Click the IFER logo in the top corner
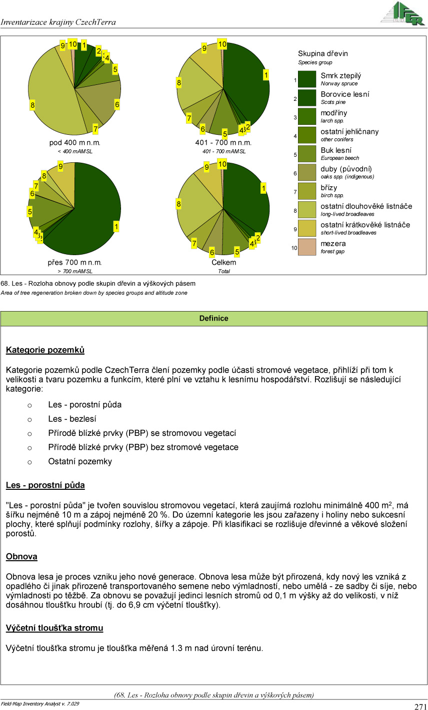[402, 13]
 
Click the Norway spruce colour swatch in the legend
[307, 80]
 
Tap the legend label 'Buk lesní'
[336, 150]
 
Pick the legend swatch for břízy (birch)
[307, 192]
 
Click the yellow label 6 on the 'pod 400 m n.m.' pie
[117, 104]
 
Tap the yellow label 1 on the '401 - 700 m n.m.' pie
[266, 75]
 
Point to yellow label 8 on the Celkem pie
[178, 204]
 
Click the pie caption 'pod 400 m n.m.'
[75, 143]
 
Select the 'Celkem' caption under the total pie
[223, 263]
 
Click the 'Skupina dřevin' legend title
[323, 54]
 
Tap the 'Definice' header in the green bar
[214, 319]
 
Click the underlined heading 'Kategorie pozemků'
[45, 350]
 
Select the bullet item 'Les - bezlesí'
[72, 419]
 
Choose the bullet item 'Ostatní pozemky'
[80, 461]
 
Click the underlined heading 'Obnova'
[21, 557]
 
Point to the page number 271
[420, 706]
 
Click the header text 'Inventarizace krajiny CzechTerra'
[58, 22]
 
